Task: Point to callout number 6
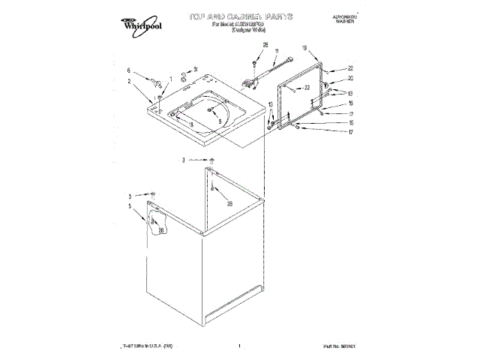point(129,70)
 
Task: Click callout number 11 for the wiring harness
point(276,52)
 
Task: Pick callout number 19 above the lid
point(305,48)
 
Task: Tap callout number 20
point(350,78)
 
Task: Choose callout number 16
point(350,103)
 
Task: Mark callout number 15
point(350,123)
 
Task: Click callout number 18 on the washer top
point(192,124)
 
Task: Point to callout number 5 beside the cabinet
point(129,206)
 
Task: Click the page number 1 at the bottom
point(238,346)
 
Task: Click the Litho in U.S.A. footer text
point(142,346)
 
